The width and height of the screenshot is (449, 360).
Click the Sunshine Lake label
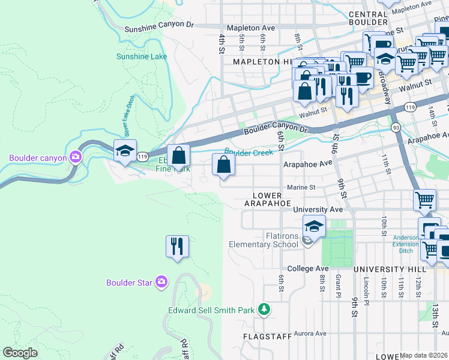coord(142,57)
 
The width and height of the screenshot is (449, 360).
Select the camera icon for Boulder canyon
coord(75,158)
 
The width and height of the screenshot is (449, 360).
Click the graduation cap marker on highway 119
coord(125,152)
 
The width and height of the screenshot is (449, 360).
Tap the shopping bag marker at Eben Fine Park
coord(179,157)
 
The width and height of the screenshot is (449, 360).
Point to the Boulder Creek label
coord(249,152)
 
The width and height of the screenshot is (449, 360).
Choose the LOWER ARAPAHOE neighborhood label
coord(267,200)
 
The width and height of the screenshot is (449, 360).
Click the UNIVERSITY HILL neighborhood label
coord(389,269)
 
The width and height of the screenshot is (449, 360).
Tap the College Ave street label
coord(308,268)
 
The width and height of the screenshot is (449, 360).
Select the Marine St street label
coord(301,187)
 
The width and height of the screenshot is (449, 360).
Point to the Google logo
coord(20,353)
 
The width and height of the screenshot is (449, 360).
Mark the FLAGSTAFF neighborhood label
coord(267,337)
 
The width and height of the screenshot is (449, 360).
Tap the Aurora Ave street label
coord(310,333)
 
